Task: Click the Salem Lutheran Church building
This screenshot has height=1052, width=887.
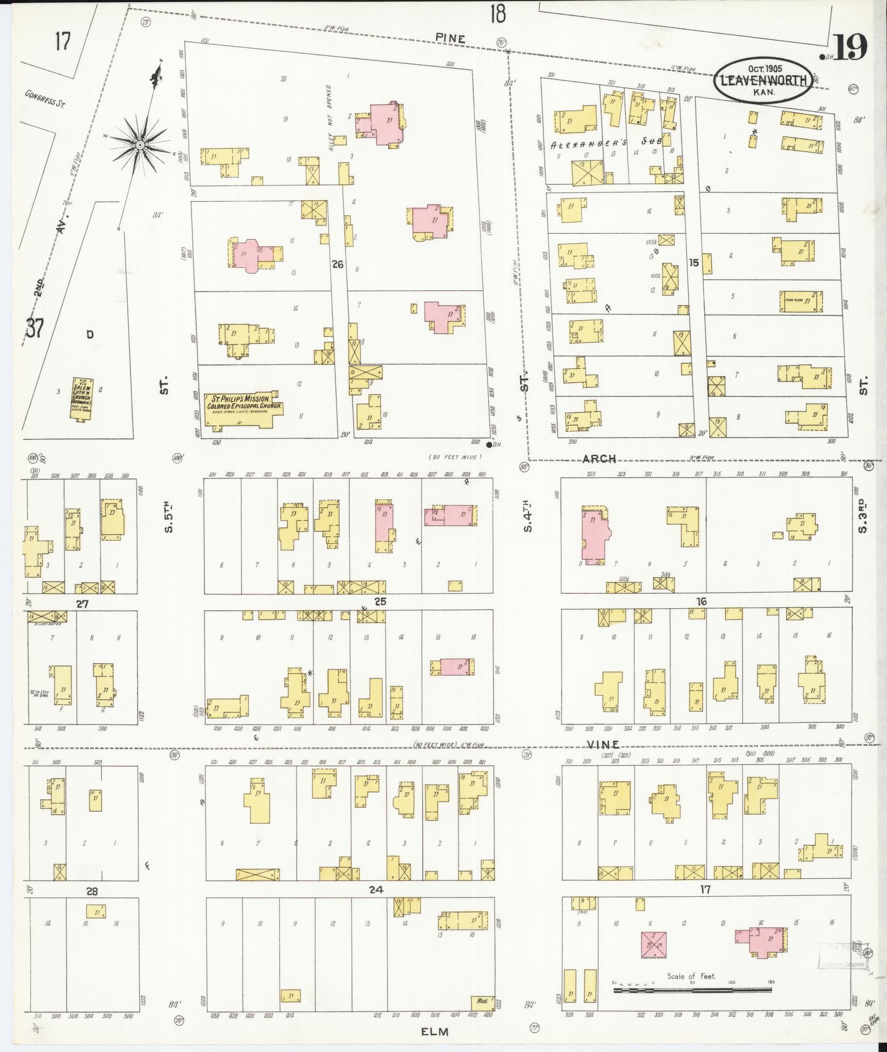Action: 83,399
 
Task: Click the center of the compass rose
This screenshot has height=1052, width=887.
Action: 140,145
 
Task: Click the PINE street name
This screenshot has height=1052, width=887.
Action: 450,38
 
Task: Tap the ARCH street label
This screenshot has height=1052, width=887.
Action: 599,459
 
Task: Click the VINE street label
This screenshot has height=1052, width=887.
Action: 603,744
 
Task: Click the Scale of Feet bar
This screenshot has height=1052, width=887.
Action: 692,990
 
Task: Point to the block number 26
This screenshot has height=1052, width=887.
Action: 337,265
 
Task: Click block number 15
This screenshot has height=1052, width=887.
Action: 694,263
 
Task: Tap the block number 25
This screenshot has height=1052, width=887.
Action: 380,602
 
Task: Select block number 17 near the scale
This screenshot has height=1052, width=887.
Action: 706,889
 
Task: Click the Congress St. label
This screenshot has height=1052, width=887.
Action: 45,98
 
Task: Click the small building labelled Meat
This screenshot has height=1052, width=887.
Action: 482,1001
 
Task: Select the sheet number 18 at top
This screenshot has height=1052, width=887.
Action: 497,14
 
